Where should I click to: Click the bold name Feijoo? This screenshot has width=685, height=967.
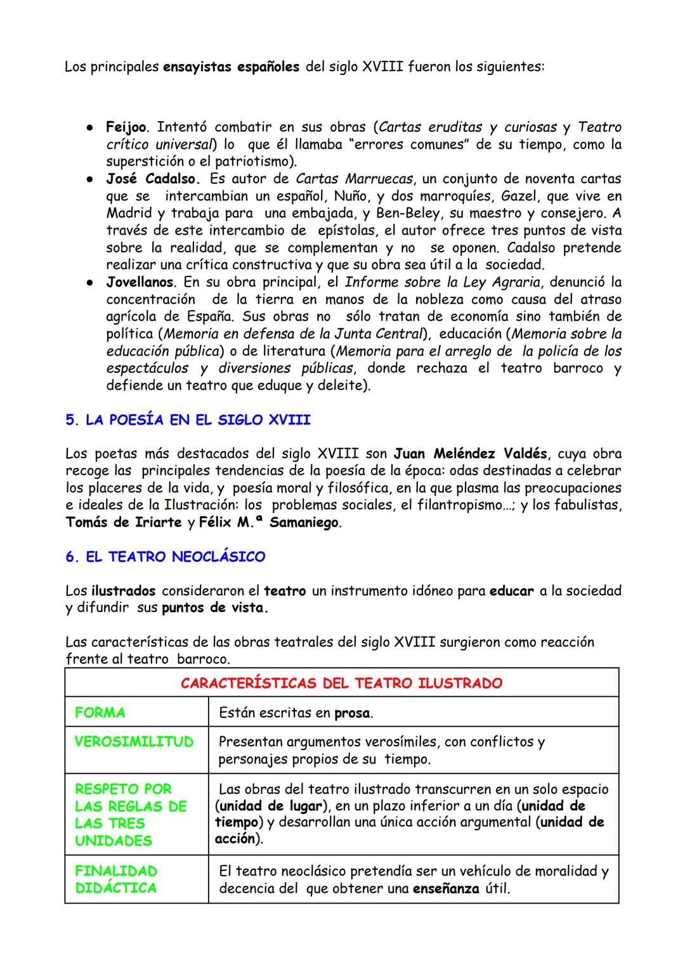[x=126, y=127]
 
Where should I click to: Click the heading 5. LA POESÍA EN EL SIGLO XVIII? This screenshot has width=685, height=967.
[x=188, y=420]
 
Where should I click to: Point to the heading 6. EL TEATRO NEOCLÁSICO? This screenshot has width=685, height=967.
[x=165, y=557]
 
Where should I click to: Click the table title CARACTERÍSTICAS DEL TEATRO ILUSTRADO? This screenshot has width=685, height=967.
[x=341, y=683]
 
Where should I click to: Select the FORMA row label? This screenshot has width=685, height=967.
[x=100, y=713]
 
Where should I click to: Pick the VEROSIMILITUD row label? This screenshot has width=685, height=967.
[x=134, y=742]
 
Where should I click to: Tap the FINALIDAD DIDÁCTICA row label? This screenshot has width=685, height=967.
[x=115, y=879]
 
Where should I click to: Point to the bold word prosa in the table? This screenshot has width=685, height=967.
[x=352, y=713]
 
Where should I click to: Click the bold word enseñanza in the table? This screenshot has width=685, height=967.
[x=446, y=889]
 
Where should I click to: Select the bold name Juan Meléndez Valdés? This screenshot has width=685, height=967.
[x=470, y=454]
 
